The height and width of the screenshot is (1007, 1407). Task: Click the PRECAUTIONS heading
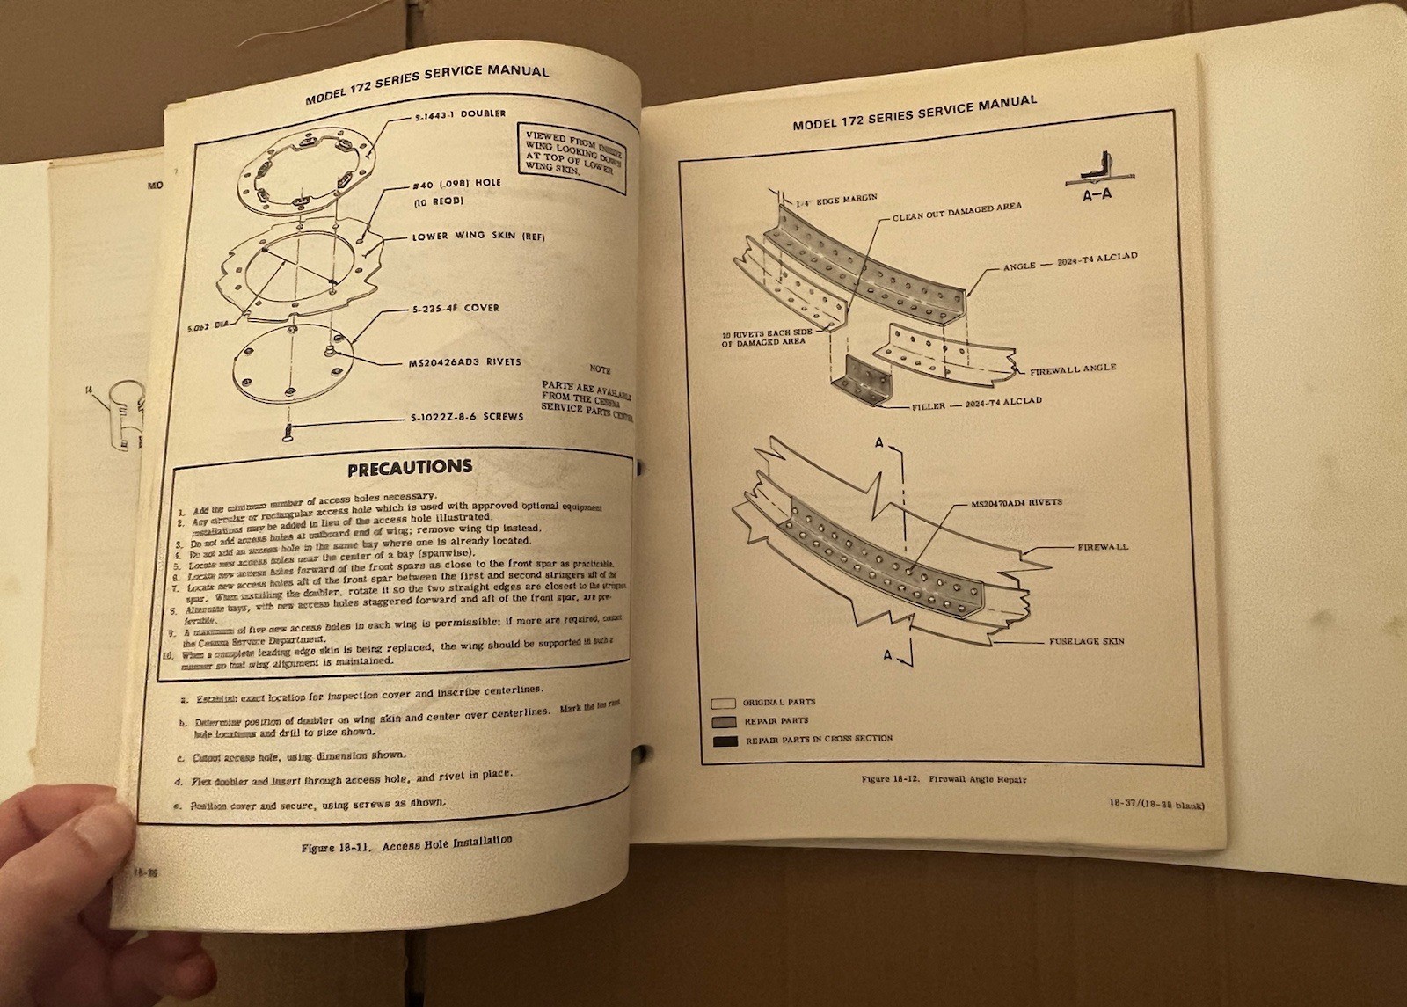pyautogui.click(x=409, y=467)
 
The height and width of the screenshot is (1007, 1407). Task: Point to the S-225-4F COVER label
pyautogui.click(x=456, y=309)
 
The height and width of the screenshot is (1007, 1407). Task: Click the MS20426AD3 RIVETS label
pyautogui.click(x=465, y=362)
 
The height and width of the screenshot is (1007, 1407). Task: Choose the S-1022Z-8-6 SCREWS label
pyautogui.click(x=466, y=417)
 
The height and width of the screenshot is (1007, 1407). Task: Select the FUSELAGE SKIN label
pyautogui.click(x=1086, y=642)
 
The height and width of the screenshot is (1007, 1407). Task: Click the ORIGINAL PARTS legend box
pyautogui.click(x=723, y=704)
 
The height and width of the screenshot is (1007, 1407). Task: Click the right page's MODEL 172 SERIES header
pyautogui.click(x=915, y=113)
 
